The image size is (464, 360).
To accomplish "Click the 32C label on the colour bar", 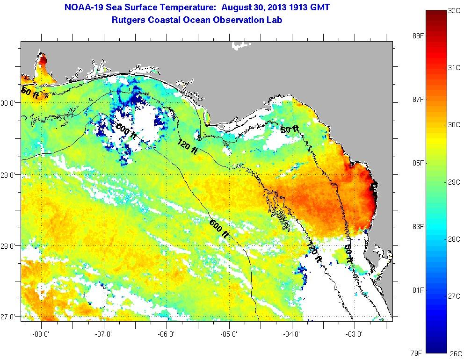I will point(453,11).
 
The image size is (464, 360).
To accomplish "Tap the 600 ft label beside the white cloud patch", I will point(126,131).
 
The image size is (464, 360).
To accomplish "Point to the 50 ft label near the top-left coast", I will point(30,92).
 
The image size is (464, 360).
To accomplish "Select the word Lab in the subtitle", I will point(275,20).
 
